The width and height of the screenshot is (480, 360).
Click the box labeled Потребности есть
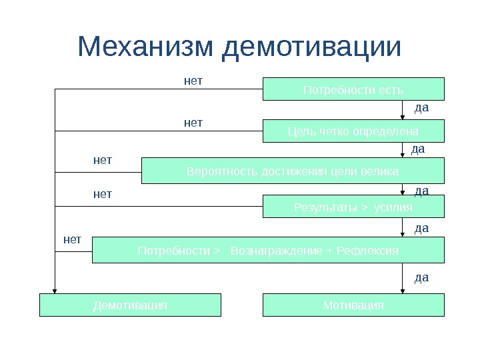tap(353, 89)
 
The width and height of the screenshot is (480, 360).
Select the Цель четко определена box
tap(353, 131)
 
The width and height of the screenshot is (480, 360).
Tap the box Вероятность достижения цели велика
tap(293, 171)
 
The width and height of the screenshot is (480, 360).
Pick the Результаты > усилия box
tap(353, 207)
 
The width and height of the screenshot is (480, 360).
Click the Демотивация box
tap(130, 305)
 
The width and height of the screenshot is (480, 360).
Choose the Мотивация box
tap(353, 305)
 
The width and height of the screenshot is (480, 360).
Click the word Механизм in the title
tap(145, 47)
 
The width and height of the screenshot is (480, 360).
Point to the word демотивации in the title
tap(312, 47)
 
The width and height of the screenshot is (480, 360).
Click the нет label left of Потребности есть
tap(193, 81)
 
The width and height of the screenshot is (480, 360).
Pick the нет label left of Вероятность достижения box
tap(102, 160)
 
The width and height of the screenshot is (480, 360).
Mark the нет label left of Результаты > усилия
tap(102, 194)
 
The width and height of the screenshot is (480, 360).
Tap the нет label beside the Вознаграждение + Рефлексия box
tap(72, 239)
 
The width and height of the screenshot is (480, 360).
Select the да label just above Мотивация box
tap(421, 277)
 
